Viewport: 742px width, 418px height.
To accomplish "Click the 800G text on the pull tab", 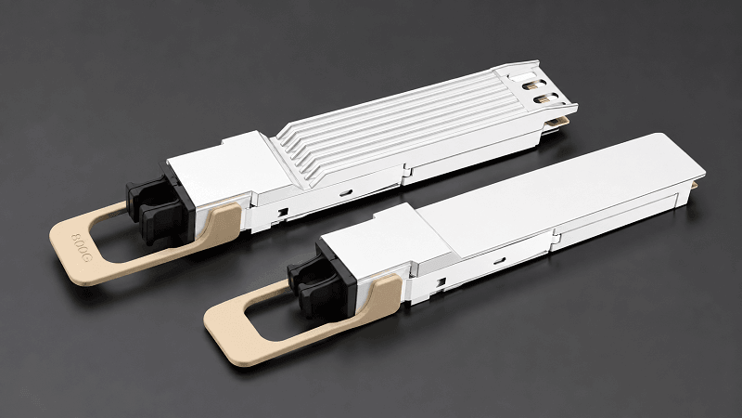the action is click(x=81, y=247).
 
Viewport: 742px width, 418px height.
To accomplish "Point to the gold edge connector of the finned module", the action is click(x=558, y=123).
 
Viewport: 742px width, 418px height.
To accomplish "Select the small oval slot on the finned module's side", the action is click(x=346, y=192).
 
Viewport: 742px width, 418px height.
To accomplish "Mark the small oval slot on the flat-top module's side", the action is click(x=499, y=260).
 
